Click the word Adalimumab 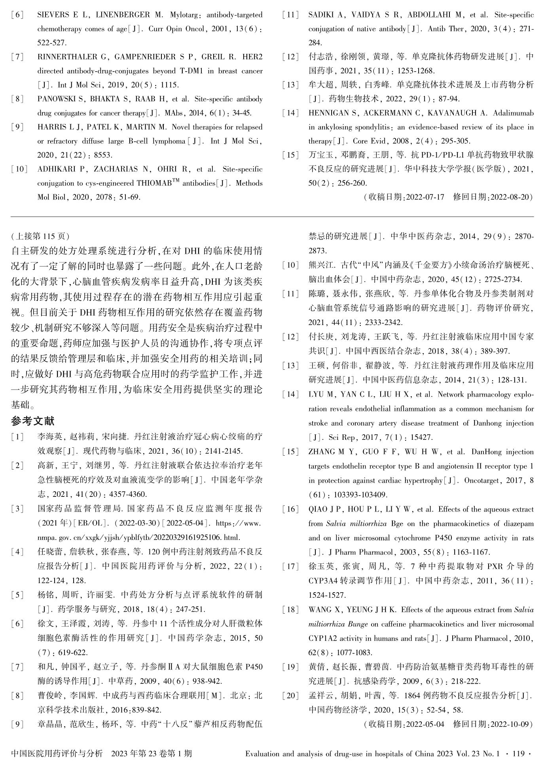(513, 113)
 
